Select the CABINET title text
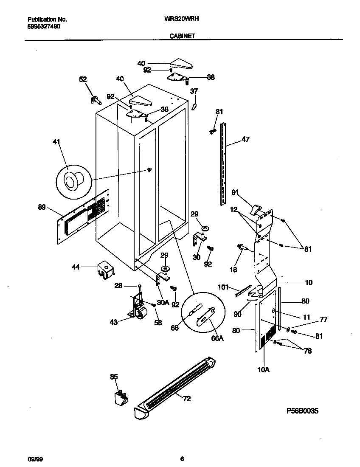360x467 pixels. click(183, 36)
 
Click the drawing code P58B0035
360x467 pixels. click(303, 411)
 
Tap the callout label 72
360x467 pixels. click(186, 398)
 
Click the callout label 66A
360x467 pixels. click(217, 338)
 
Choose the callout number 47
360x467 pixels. click(246, 139)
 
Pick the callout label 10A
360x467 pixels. click(263, 370)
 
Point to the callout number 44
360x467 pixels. click(76, 267)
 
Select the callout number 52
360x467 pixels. click(83, 79)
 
